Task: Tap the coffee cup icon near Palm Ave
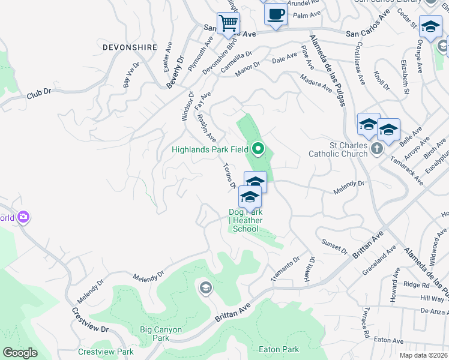click(276, 14)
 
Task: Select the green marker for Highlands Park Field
click(259, 148)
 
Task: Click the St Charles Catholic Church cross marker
click(376, 148)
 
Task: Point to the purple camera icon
click(23, 217)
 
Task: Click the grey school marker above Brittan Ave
click(206, 289)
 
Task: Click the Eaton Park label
click(279, 349)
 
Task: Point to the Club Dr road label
click(39, 95)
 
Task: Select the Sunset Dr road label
click(334, 245)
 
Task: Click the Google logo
click(20, 353)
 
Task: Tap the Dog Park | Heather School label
click(245, 220)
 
